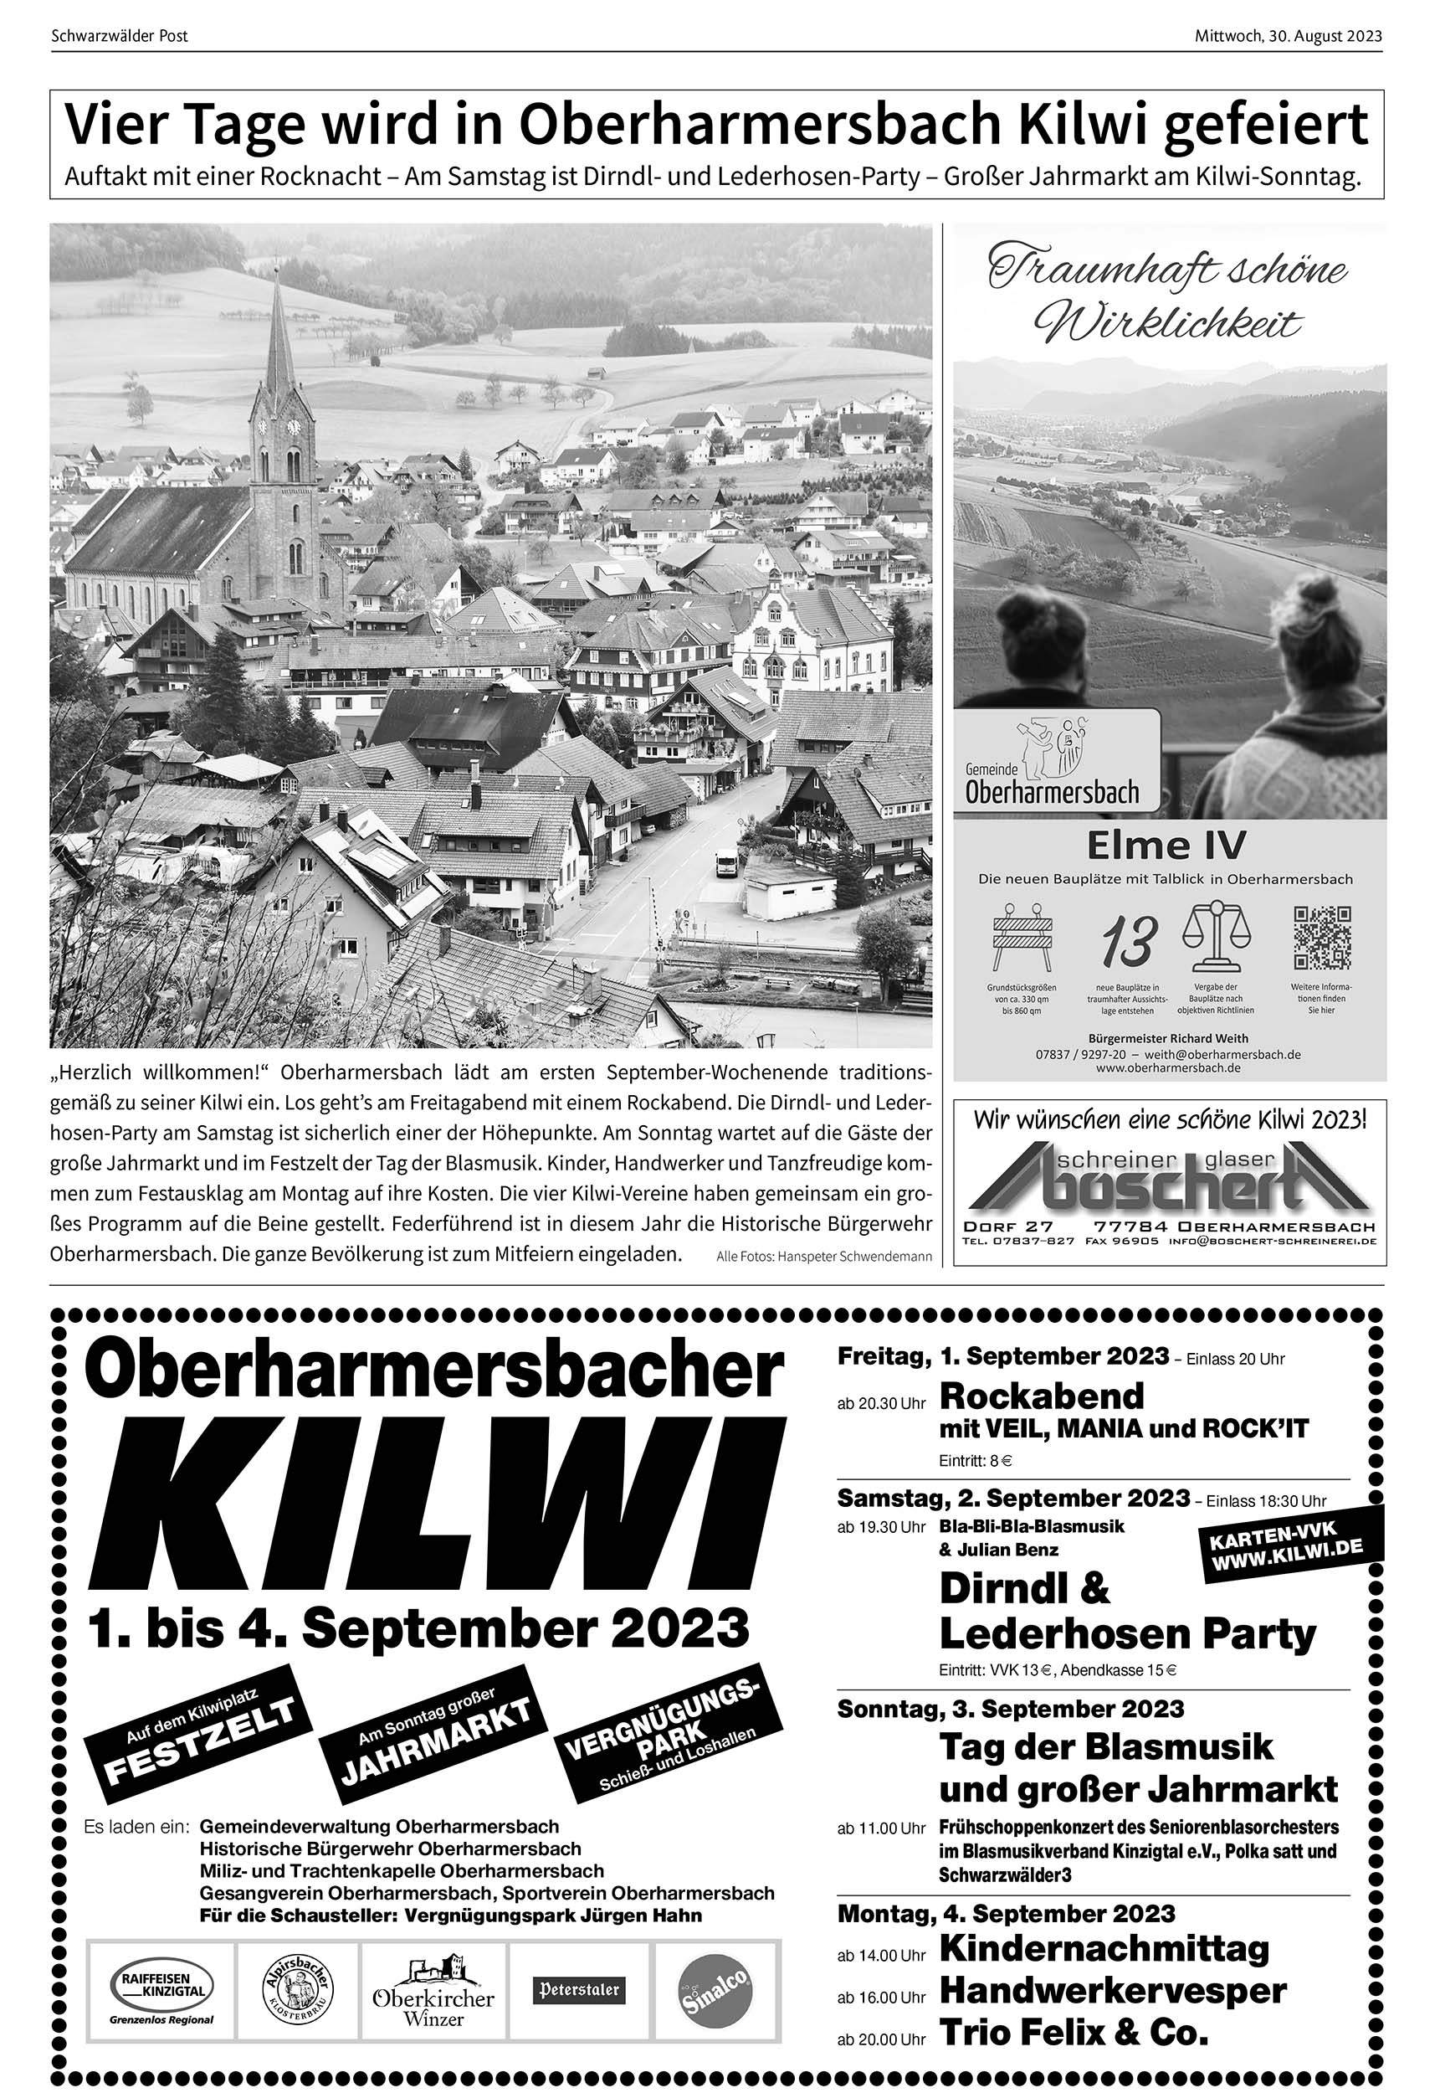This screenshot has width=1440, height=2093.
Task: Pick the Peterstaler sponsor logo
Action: coord(579,1989)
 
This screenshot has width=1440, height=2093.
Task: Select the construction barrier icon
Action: coord(1022,938)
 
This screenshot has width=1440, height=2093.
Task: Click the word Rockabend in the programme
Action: coord(1041,1396)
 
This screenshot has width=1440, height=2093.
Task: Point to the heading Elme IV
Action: coord(1166,846)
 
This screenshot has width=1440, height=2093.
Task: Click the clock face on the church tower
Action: coord(293,427)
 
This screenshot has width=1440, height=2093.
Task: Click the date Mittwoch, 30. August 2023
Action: coord(1288,37)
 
